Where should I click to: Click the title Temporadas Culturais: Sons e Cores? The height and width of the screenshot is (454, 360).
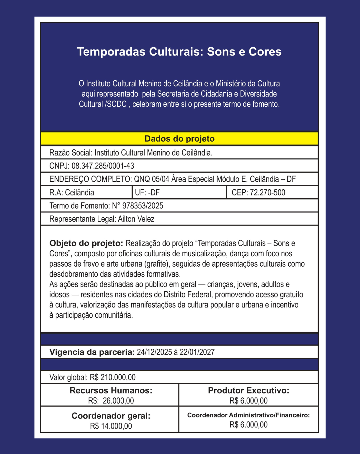tap(179, 52)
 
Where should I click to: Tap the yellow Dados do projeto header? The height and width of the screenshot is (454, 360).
tap(179, 139)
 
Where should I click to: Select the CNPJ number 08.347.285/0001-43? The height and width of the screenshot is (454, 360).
tap(103, 166)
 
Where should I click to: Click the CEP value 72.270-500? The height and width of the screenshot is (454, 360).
tap(267, 192)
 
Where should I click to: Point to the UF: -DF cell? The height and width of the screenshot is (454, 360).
tap(147, 192)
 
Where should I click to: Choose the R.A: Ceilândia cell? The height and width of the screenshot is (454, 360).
tap(72, 192)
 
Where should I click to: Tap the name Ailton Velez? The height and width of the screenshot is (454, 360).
tap(136, 219)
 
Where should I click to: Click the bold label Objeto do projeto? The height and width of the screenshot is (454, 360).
tap(86, 243)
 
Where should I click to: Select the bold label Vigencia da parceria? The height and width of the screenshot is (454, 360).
tap(92, 352)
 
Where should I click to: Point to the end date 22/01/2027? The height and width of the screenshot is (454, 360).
tap(197, 352)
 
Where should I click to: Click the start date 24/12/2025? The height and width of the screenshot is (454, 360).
tap(154, 352)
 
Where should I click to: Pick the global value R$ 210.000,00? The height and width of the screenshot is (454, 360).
tap(112, 377)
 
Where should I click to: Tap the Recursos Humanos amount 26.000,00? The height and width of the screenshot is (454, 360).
tap(118, 401)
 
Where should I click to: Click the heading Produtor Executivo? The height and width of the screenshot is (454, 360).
tap(248, 390)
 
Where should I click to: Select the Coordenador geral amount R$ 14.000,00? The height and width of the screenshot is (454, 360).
tap(111, 426)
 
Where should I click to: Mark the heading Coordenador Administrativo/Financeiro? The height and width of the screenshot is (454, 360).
tap(248, 415)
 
